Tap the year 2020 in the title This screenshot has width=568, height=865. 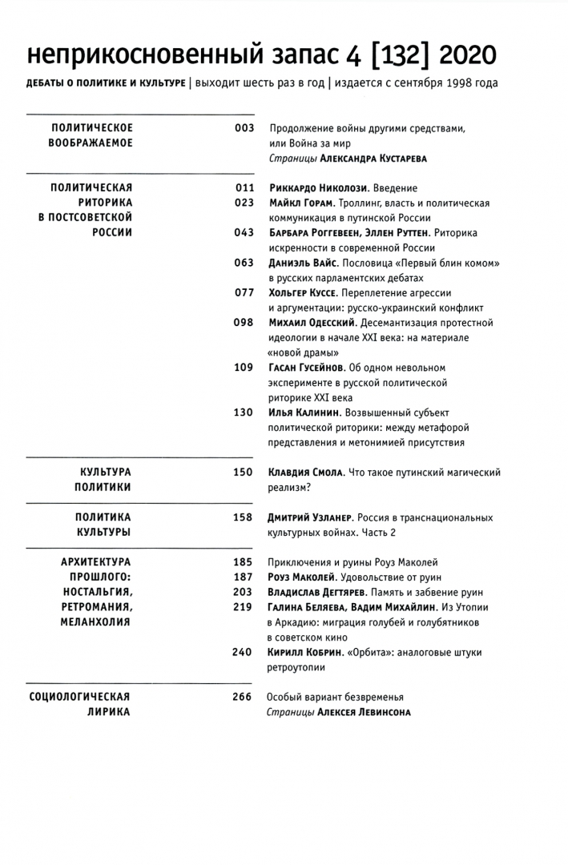(468, 54)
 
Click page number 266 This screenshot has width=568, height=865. (242, 696)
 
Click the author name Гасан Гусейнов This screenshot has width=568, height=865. (307, 368)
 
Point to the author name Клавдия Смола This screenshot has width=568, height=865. (305, 472)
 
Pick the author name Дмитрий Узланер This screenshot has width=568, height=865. (310, 517)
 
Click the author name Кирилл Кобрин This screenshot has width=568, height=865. (305, 652)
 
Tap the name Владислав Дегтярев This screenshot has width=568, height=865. (316, 592)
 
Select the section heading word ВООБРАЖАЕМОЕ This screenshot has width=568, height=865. (92, 143)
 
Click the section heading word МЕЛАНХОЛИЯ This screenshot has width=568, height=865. (91, 622)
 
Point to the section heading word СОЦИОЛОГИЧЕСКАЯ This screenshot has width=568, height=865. (79, 696)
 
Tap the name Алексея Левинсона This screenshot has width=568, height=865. (364, 712)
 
